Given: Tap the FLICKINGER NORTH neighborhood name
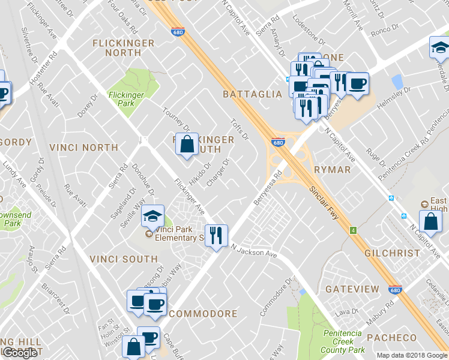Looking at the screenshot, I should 124,48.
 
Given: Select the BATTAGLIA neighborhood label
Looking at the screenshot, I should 252,94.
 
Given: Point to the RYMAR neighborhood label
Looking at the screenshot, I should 332,170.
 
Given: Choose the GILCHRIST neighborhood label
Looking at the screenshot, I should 392,253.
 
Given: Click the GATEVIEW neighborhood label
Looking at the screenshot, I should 352,289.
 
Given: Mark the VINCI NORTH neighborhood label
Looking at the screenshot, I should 83,147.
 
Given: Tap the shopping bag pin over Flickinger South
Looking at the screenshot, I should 187,144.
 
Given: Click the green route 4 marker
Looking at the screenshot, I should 354,230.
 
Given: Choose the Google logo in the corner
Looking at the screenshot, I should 20,353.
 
